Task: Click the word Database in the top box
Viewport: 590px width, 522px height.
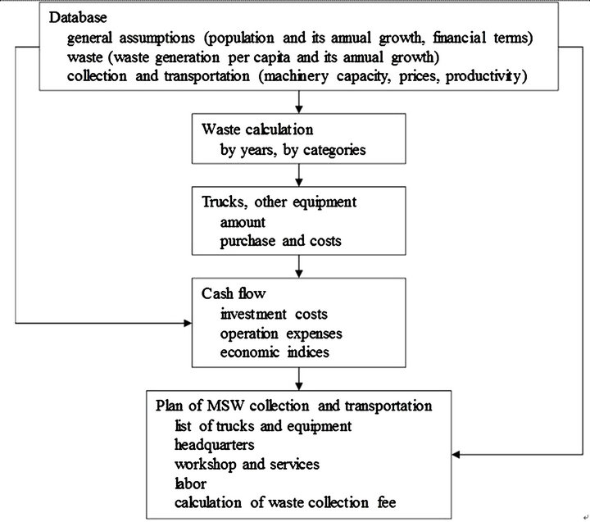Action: click(x=78, y=17)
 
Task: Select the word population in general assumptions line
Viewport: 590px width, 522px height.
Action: click(x=240, y=38)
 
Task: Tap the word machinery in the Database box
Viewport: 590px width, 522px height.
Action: click(x=296, y=76)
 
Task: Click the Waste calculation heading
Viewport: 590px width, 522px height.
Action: click(x=257, y=129)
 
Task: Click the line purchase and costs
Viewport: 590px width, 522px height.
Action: click(x=281, y=241)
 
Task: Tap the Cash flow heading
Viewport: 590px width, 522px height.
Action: click(x=234, y=293)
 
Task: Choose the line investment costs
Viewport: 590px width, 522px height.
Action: click(x=274, y=314)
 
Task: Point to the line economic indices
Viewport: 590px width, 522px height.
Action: click(x=275, y=352)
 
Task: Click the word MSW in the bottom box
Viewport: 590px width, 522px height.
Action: click(x=226, y=406)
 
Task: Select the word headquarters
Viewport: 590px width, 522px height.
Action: click(x=215, y=445)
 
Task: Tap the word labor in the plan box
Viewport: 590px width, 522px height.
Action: click(x=190, y=483)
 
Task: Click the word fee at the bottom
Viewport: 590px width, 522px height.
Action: click(x=387, y=503)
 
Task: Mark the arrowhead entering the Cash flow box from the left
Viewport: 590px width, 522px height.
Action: click(x=188, y=323)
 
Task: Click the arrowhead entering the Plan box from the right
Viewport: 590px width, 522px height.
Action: click(x=456, y=455)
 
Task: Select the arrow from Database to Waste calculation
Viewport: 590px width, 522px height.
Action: click(x=299, y=102)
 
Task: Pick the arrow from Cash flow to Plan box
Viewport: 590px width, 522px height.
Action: click(x=299, y=379)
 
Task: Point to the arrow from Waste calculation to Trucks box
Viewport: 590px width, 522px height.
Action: click(x=299, y=175)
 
